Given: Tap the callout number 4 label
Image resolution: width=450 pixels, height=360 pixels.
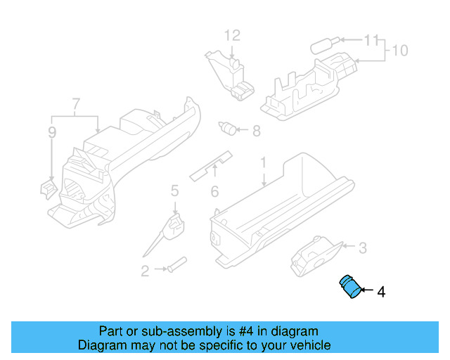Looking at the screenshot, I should (x=381, y=291).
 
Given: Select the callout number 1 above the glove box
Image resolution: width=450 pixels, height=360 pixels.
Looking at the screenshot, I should (x=264, y=163).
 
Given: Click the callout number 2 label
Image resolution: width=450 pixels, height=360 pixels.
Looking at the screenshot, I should (x=145, y=271).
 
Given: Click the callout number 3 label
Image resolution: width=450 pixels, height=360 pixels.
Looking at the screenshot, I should (x=362, y=247).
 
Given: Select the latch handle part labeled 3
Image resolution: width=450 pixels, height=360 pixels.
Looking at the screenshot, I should (x=315, y=257).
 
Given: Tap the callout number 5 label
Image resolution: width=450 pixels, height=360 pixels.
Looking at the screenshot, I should (x=174, y=190).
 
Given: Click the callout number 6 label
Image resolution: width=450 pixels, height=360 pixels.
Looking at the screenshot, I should (x=215, y=191).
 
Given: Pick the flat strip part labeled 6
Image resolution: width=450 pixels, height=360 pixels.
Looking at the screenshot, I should (x=212, y=165).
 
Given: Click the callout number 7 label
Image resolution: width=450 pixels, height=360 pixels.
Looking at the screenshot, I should (x=75, y=105).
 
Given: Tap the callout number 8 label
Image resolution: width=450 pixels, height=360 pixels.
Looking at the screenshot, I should (x=256, y=130).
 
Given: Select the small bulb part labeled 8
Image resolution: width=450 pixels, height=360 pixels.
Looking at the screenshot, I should (x=228, y=128).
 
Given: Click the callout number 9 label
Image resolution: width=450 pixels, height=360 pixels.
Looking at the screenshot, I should (x=51, y=131).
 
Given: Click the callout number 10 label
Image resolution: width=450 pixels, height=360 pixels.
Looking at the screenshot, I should (x=399, y=51).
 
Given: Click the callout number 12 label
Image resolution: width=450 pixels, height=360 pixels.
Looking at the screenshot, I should (x=232, y=35).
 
